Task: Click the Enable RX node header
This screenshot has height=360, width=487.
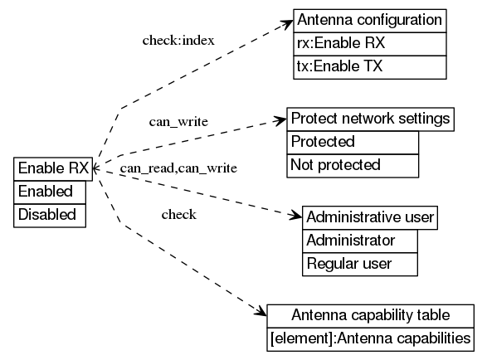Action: click(x=53, y=168)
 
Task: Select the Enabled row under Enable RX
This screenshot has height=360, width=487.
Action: click(x=46, y=192)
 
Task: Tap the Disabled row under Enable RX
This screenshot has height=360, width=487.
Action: click(x=47, y=215)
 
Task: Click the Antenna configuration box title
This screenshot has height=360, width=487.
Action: click(x=369, y=20)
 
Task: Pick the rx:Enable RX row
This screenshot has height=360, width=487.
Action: click(x=340, y=43)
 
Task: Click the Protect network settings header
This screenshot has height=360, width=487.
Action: click(x=371, y=119)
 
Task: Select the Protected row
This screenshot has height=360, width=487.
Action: click(x=323, y=142)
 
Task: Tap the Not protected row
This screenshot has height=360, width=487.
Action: click(x=335, y=165)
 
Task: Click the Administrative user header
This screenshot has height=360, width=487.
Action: click(x=369, y=217)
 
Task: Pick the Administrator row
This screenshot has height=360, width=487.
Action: click(x=350, y=241)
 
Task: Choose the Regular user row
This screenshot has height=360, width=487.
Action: click(x=348, y=264)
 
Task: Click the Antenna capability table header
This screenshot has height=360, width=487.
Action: click(x=370, y=315)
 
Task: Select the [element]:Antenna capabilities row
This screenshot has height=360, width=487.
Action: click(x=370, y=338)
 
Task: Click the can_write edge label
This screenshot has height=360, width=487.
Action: click(x=178, y=122)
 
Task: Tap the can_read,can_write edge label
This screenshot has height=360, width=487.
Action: click(x=178, y=168)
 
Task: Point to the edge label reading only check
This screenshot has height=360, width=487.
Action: click(x=178, y=215)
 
